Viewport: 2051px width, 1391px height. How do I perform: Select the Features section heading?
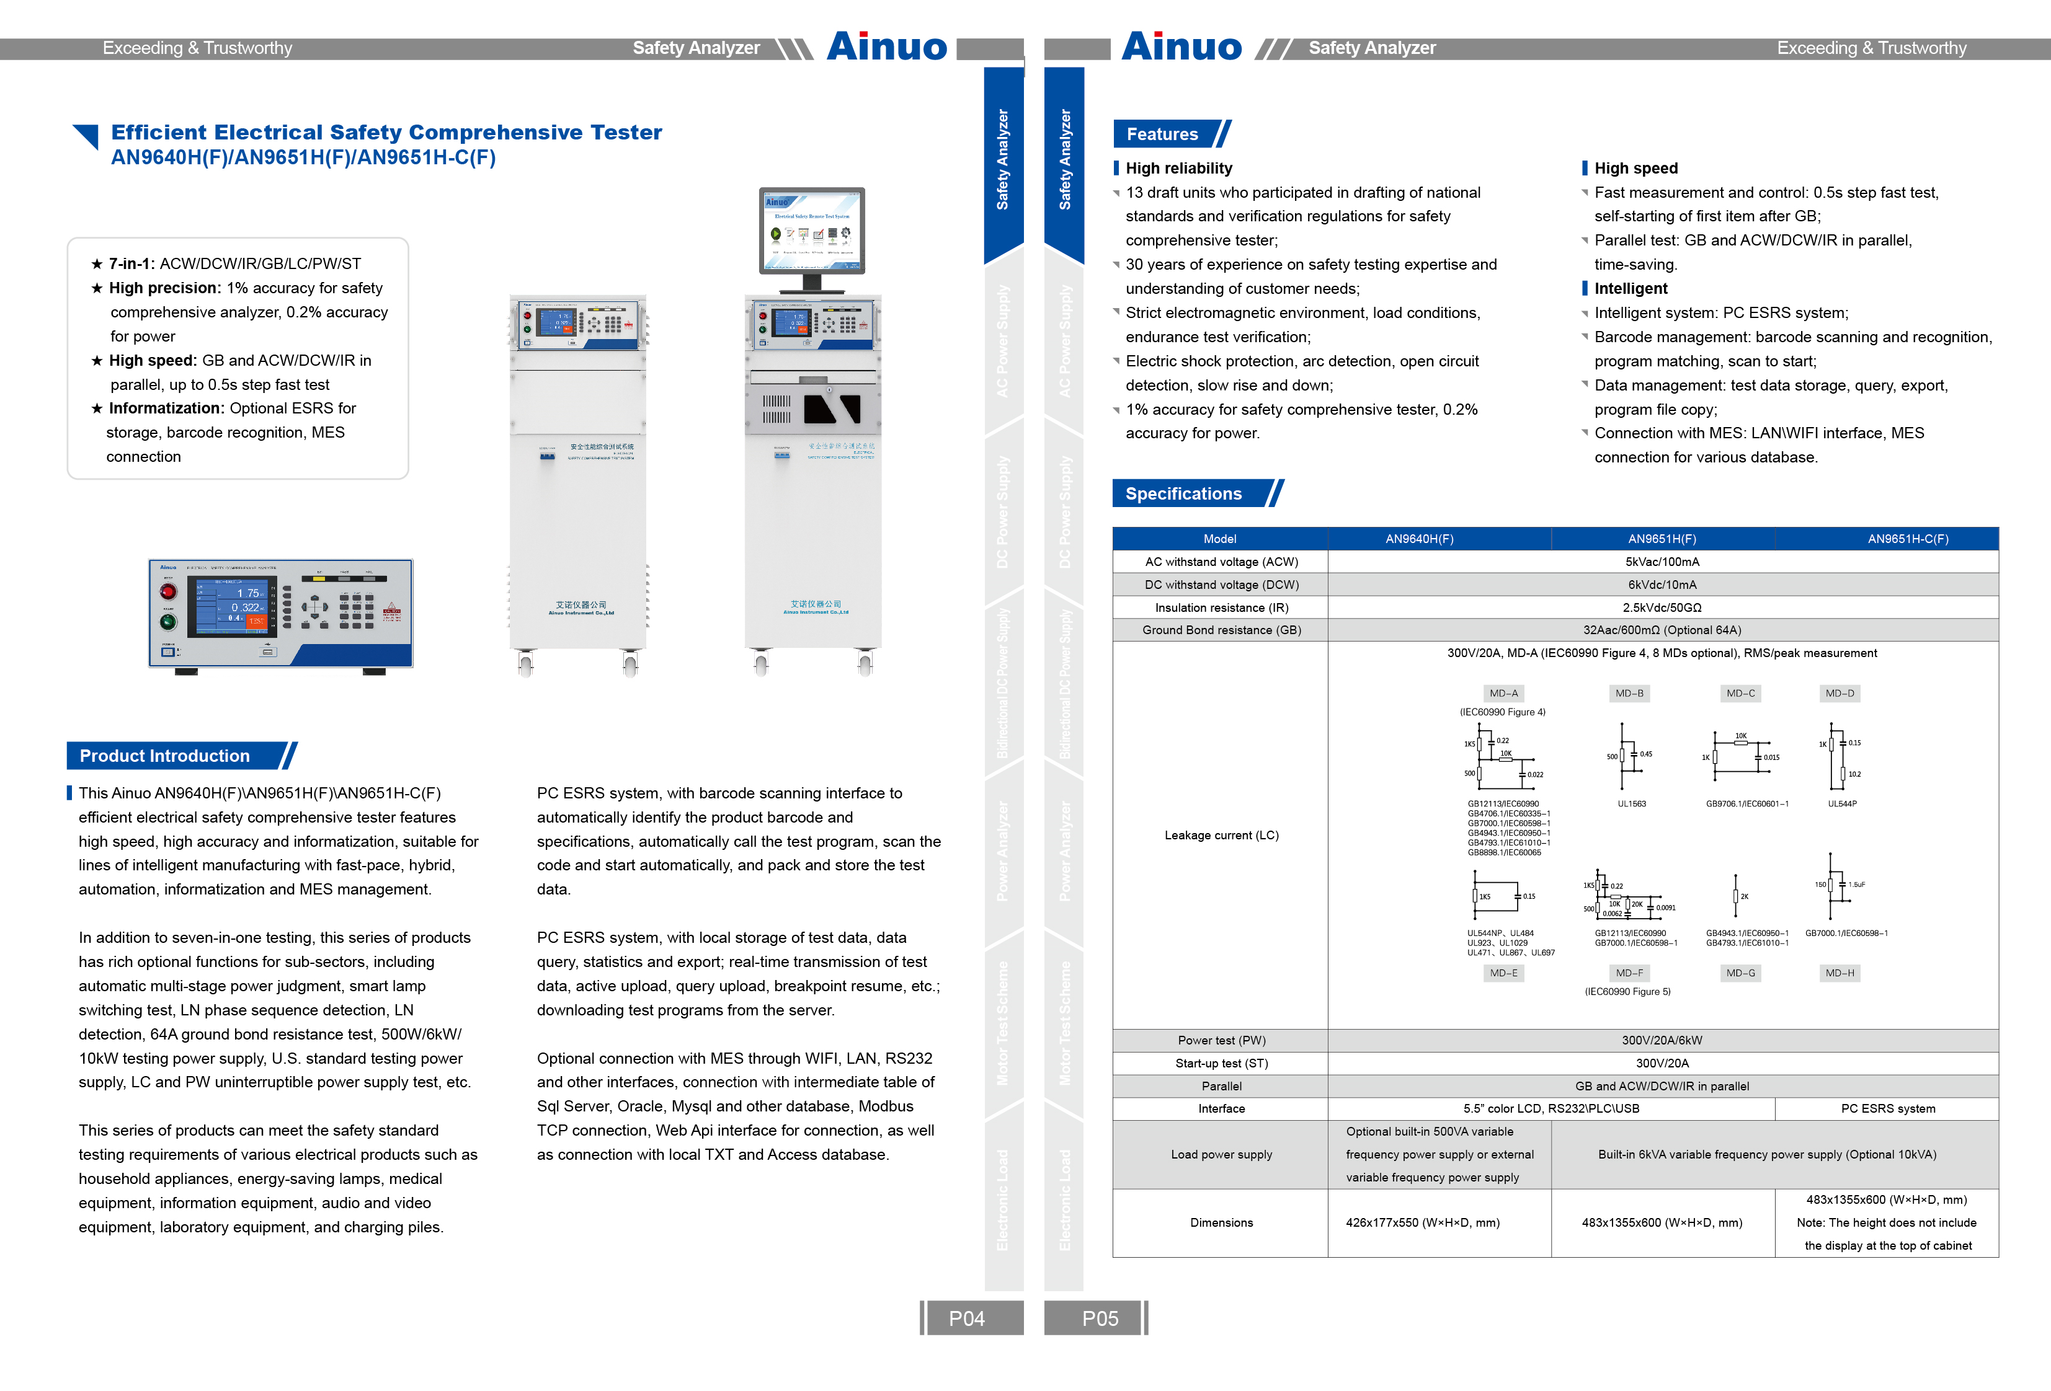[1162, 134]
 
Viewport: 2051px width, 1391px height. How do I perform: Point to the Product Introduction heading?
[165, 756]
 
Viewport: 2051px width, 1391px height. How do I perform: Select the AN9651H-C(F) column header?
[1907, 539]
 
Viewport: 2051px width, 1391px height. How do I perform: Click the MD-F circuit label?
[1629, 973]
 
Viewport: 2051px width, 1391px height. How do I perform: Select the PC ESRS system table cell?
[1888, 1109]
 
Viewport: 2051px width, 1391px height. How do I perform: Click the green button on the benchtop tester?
[167, 622]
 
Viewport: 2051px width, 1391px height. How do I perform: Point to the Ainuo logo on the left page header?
[886, 46]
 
